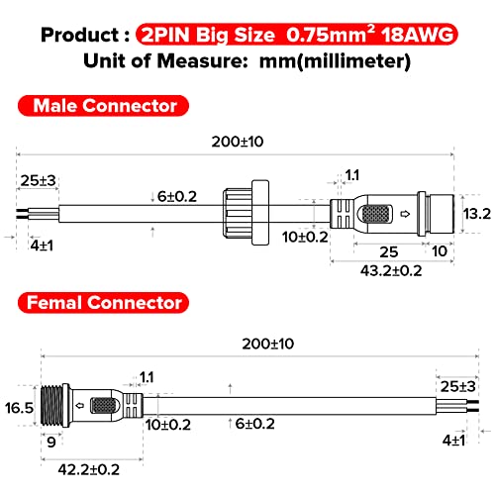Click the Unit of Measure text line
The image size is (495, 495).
[x=247, y=60]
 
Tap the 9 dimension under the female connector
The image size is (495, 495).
[x=49, y=443]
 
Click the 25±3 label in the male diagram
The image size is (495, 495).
[x=36, y=180]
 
